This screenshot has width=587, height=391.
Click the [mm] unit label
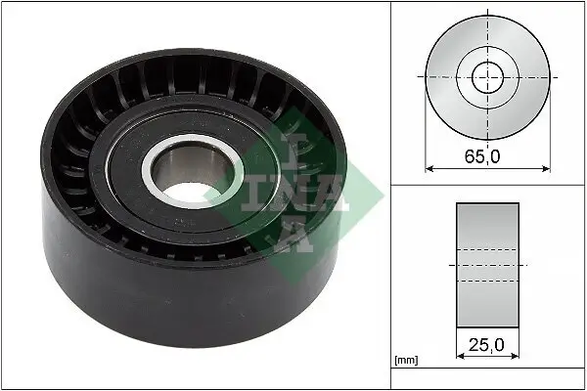(x=405, y=361)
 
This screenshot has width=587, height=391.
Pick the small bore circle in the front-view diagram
(x=487, y=76)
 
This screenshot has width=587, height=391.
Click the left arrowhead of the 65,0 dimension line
(x=429, y=168)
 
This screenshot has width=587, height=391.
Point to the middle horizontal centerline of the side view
(x=487, y=265)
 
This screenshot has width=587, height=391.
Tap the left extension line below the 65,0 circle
(x=426, y=147)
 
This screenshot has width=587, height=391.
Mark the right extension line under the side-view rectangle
(x=519, y=342)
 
